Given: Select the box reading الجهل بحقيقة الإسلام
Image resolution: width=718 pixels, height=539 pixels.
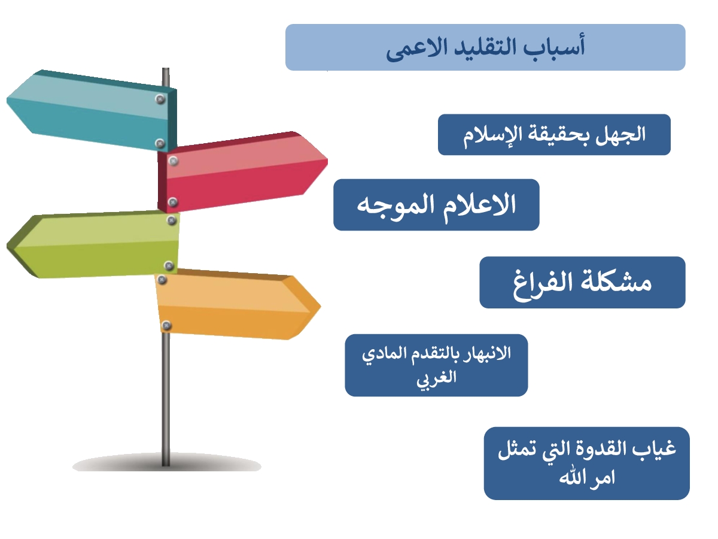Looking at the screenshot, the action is pyautogui.click(x=554, y=135).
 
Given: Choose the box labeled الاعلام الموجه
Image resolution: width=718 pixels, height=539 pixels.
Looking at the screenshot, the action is pyautogui.click(x=436, y=205).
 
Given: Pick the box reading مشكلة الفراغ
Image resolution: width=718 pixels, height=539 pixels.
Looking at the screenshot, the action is pyautogui.click(x=582, y=283).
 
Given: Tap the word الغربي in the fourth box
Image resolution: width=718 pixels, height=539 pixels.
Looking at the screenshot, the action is pyautogui.click(x=436, y=378).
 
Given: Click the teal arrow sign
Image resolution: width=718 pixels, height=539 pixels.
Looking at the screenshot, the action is pyautogui.click(x=92, y=110).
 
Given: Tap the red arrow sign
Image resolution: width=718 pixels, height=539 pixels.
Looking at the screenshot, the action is pyautogui.click(x=242, y=172).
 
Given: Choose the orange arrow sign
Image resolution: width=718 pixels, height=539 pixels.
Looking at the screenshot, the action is pyautogui.click(x=238, y=304).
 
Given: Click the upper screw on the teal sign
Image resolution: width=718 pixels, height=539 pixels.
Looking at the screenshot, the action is pyautogui.click(x=160, y=99).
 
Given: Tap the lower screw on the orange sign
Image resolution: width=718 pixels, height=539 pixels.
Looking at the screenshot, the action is pyautogui.click(x=166, y=325).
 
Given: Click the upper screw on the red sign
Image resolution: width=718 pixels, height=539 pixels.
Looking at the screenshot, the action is pyautogui.click(x=173, y=161).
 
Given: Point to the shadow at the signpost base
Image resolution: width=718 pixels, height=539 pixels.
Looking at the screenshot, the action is pyautogui.click(x=166, y=463).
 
